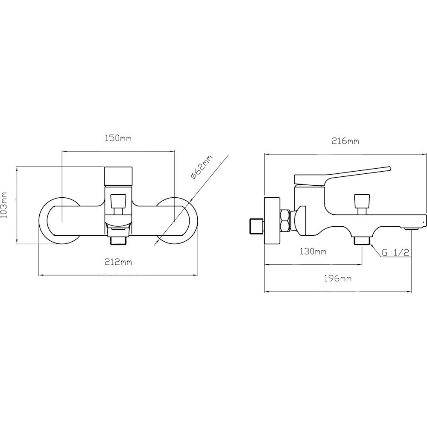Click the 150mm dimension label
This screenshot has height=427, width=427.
(x=118, y=138)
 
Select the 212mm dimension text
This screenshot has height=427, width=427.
(x=118, y=262)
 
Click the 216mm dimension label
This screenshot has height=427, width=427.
(x=345, y=141)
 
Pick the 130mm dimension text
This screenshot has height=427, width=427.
(x=313, y=251)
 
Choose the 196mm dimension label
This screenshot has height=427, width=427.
(x=338, y=278)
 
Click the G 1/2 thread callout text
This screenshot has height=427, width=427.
(x=395, y=252)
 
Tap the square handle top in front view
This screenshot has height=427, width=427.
(x=118, y=175)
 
